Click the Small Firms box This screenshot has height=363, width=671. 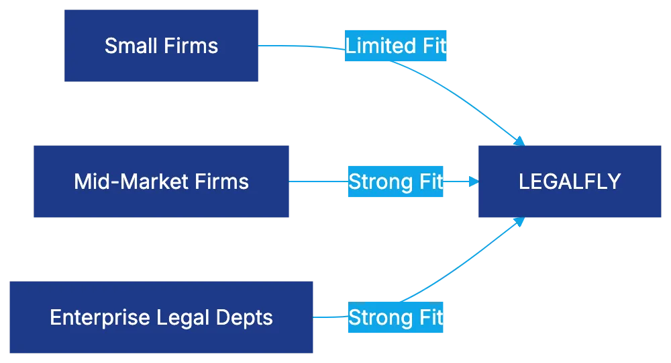coord(162,46)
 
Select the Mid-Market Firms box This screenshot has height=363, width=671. coord(161,182)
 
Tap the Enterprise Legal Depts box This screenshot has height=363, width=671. coord(161,317)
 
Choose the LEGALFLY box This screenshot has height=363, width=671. coord(570,182)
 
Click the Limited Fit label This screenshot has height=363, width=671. coord(396,46)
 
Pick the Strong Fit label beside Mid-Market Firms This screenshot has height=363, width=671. coord(396,182)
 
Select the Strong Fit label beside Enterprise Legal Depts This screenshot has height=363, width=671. coord(396,317)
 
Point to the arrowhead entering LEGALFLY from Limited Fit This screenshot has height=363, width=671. coord(519,140)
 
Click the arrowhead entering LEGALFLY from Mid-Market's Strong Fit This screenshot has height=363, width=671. coord(472,182)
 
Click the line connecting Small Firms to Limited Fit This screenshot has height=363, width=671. coord(302,46)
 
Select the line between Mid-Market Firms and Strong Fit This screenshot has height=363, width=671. coord(318,181)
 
